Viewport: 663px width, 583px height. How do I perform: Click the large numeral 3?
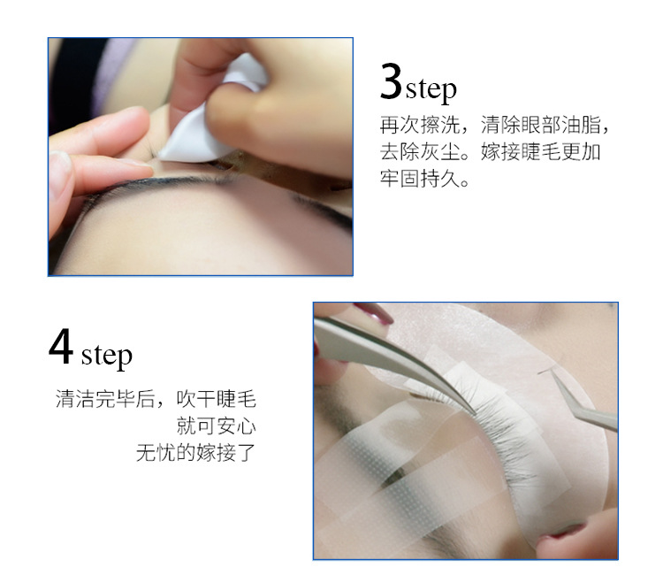point(391,81)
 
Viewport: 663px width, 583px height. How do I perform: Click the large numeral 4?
point(60,346)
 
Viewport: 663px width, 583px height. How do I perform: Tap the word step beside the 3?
point(431,89)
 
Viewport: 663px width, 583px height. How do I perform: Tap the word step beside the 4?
point(106,356)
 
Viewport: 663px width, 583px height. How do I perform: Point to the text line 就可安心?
point(216,426)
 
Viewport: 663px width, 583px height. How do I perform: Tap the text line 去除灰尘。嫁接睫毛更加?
point(490,151)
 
